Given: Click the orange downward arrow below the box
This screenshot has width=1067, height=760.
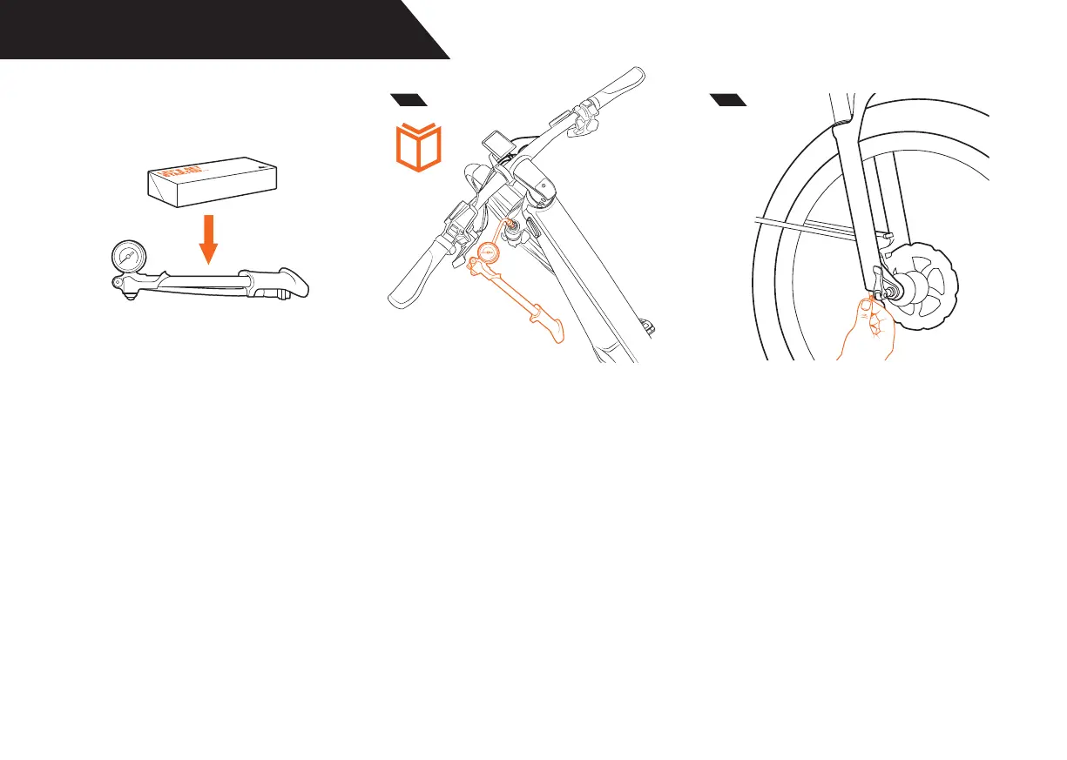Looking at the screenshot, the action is (x=208, y=239).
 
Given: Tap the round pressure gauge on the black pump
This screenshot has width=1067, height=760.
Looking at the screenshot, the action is (x=125, y=257).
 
